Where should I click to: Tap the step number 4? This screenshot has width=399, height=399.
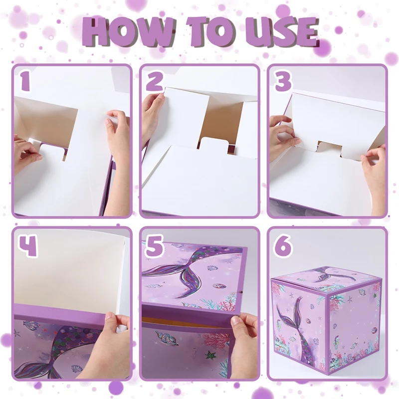click(x=28, y=246)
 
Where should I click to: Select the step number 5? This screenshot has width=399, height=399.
click(x=154, y=245)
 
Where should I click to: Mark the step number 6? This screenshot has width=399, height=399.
click(x=283, y=245)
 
